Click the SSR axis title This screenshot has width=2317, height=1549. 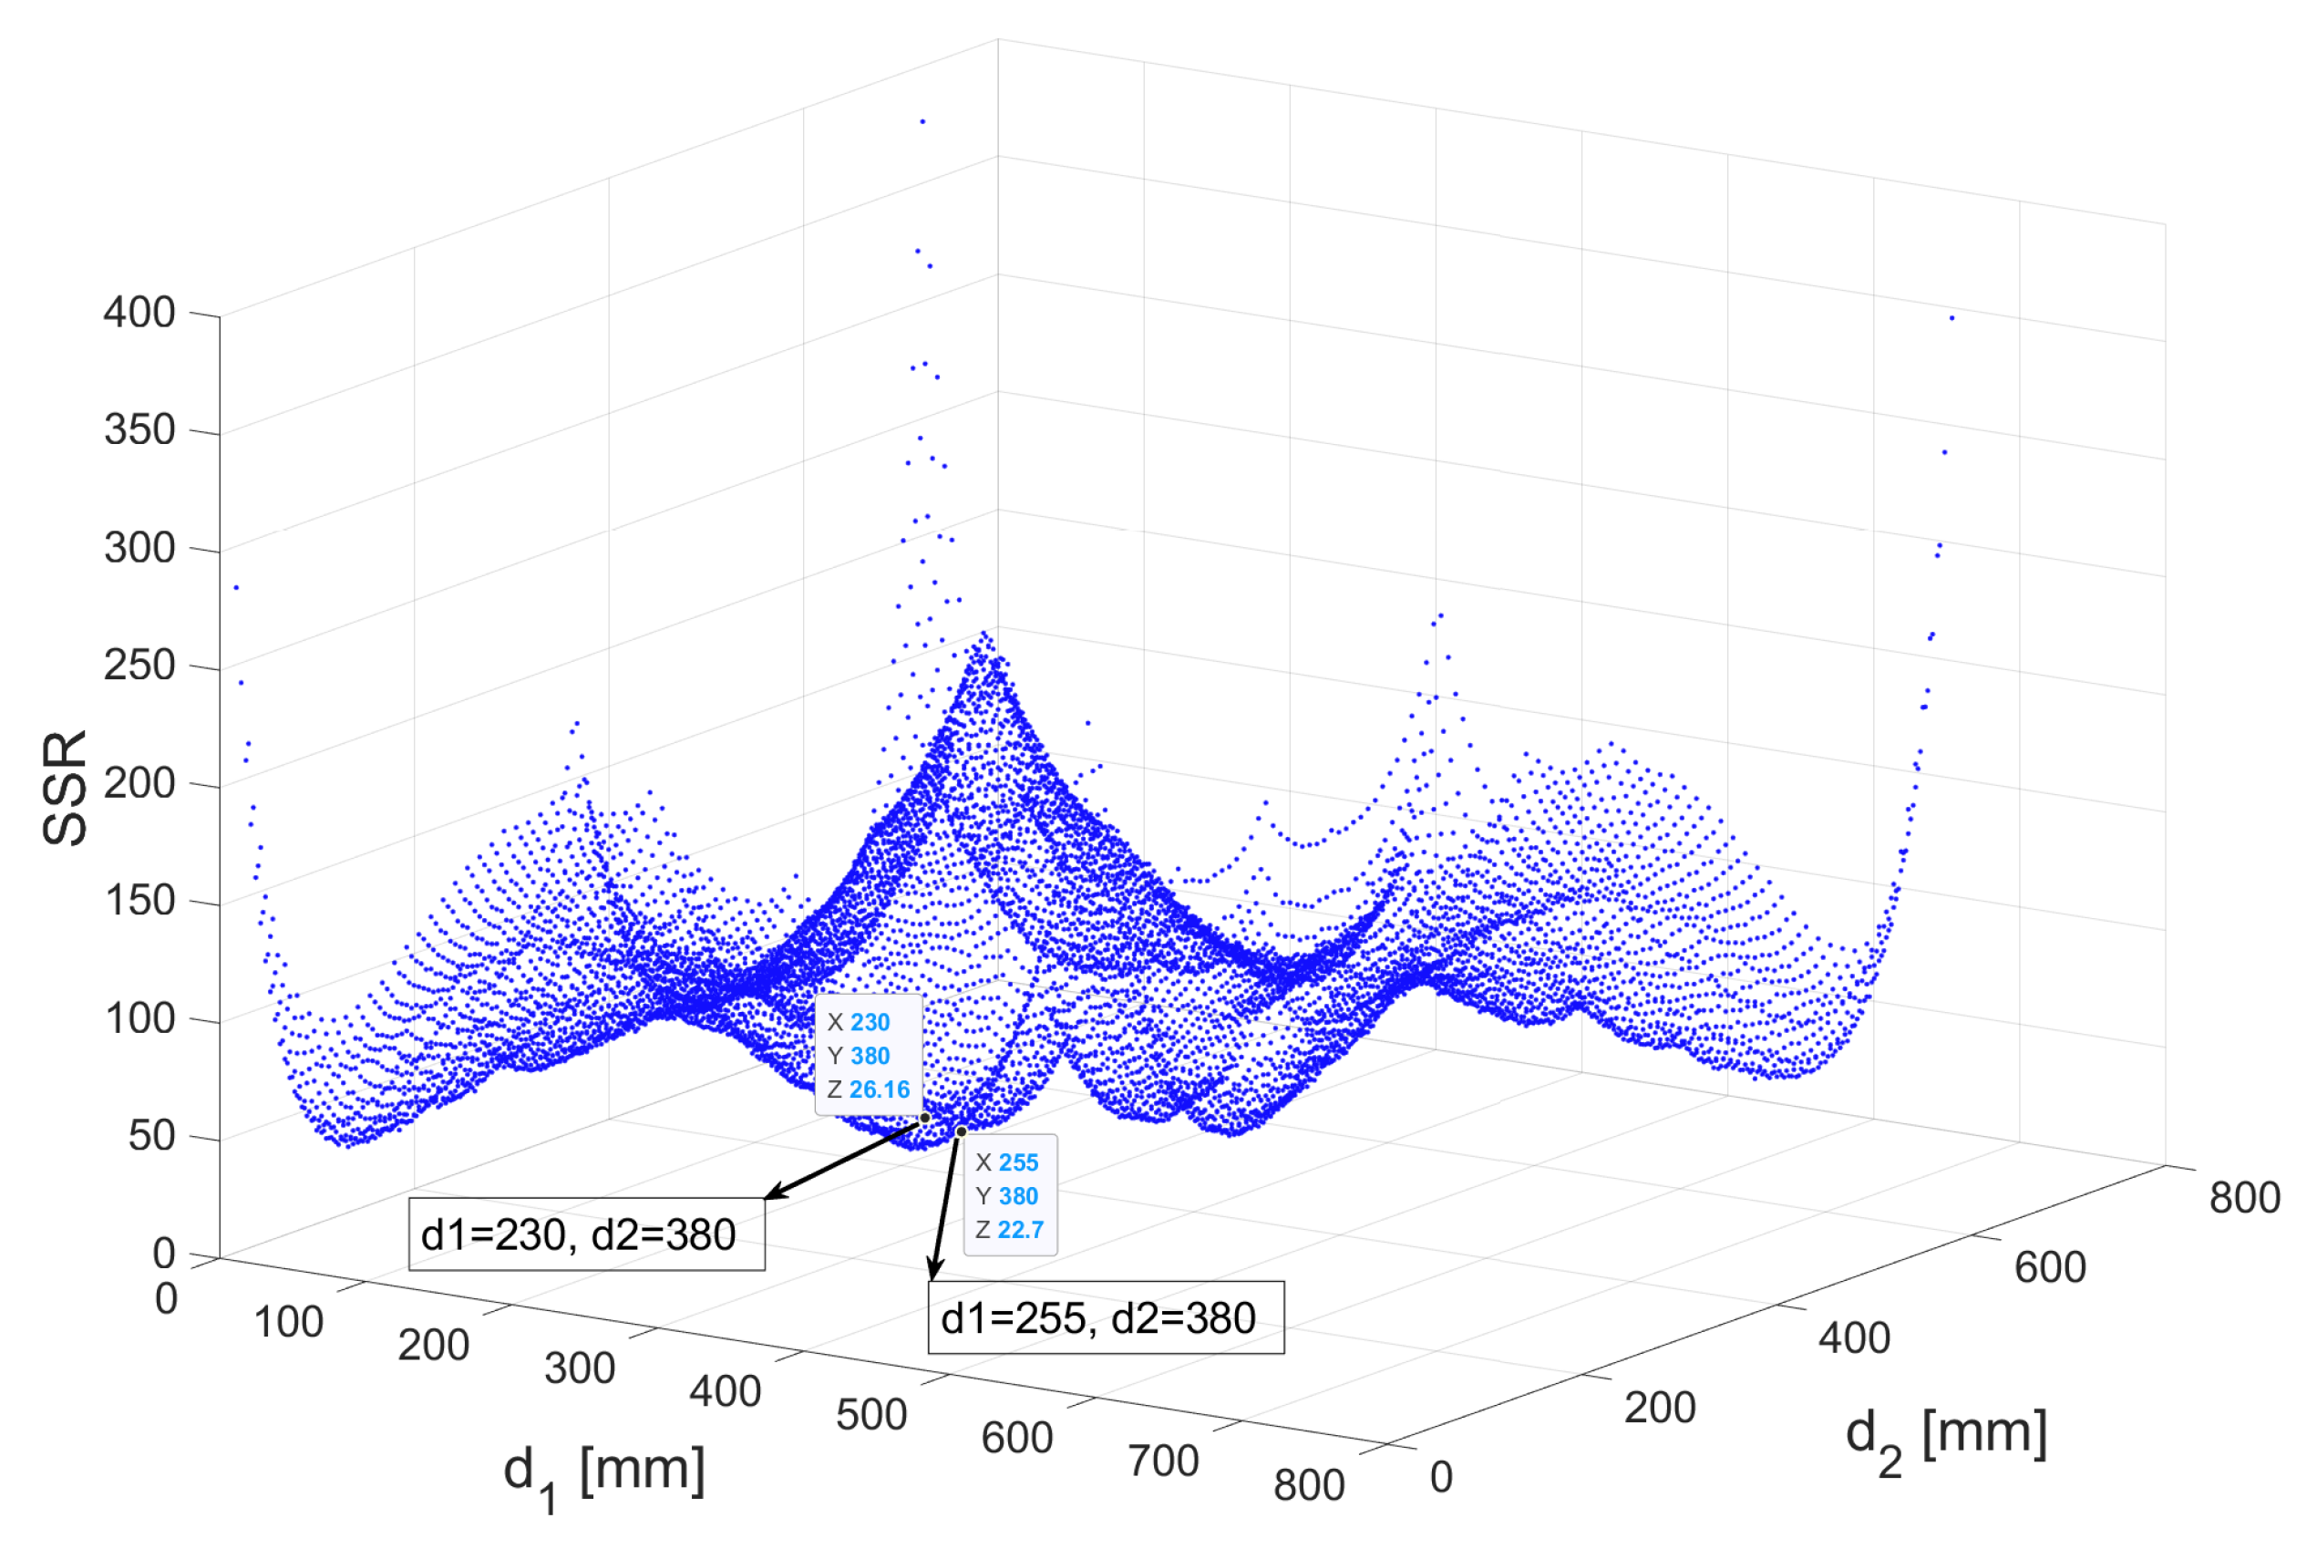coord(66,788)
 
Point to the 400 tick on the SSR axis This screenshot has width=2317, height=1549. coord(139,312)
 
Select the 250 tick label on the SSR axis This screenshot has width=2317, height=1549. coord(139,665)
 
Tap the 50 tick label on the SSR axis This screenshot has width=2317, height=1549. coord(152,1136)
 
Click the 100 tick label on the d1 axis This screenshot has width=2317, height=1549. coord(288,1323)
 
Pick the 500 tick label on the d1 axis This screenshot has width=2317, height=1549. coord(871,1415)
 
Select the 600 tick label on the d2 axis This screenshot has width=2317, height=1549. coord(2050,1267)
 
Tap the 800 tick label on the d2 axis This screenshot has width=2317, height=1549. coord(2244,1197)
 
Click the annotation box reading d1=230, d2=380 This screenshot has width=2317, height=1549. coord(587,1234)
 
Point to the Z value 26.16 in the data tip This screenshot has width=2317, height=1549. coord(879,1089)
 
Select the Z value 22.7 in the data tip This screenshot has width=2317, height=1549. coord(1020,1230)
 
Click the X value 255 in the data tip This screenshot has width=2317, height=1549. coord(1018,1162)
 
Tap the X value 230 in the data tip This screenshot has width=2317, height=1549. coord(870,1022)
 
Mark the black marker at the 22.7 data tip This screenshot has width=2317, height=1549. coord(961,1132)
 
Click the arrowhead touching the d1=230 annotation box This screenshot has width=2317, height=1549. coord(776,1193)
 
